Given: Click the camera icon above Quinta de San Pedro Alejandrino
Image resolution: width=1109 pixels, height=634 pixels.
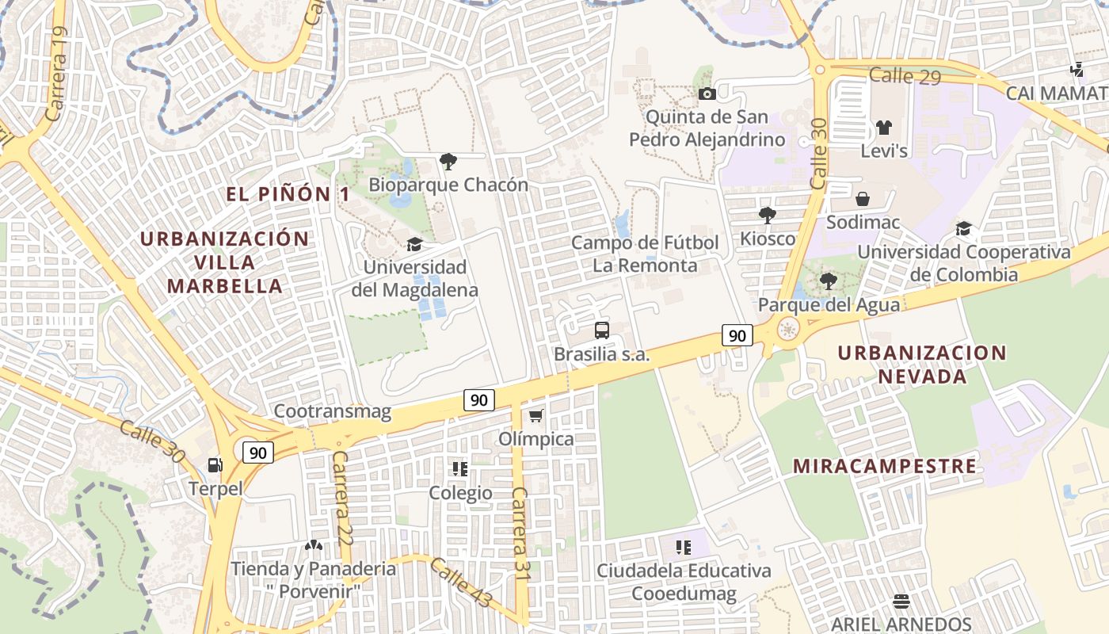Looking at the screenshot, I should tap(707, 94).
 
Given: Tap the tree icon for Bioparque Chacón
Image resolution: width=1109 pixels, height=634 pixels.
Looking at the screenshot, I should tap(448, 162).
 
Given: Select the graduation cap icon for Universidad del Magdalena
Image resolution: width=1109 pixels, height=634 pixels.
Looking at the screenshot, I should tap(414, 244).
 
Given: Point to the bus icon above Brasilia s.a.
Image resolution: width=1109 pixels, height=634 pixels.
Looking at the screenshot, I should tap(602, 330).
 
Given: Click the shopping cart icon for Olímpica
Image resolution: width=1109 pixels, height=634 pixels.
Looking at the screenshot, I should tap(536, 415).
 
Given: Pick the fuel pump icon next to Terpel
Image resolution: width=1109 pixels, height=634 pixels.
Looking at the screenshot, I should tap(215, 465).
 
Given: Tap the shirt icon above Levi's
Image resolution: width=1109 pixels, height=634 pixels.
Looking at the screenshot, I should tap(884, 128).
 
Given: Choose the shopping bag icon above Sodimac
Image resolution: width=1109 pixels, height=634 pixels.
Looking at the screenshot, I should tap(863, 199).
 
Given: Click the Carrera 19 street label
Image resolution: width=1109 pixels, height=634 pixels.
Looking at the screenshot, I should tap(57, 74).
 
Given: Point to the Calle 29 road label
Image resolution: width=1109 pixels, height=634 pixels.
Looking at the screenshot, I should tap(905, 76).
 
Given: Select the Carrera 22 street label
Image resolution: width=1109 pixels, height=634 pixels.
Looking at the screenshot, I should tap(341, 498).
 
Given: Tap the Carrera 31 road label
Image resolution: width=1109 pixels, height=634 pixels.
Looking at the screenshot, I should tap(520, 533).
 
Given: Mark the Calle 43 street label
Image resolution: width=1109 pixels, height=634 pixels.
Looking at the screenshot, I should tap(461, 582).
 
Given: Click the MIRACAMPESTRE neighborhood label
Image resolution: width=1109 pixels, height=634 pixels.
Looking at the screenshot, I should tap(885, 466).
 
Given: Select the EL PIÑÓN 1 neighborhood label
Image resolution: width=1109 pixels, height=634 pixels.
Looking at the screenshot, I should tap(288, 194).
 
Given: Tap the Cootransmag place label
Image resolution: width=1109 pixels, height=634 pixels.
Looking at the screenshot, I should tap(333, 411).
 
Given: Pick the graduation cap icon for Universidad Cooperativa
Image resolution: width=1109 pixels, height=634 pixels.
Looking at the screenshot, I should tap(963, 229).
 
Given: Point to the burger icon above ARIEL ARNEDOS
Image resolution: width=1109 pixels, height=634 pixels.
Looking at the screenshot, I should tap(901, 601).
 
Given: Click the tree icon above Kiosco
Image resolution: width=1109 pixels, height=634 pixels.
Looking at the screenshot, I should tap(767, 215).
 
